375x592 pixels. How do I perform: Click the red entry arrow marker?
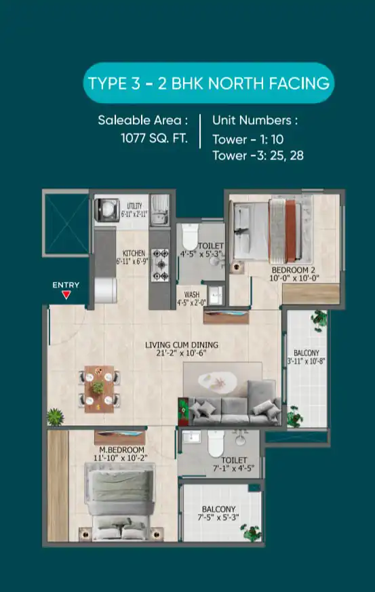pyautogui.click(x=66, y=295)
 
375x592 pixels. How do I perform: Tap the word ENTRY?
pyautogui.click(x=66, y=285)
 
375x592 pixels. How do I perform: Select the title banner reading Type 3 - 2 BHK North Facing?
pyautogui.click(x=208, y=83)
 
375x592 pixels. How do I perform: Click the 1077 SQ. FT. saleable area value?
pyautogui.click(x=154, y=138)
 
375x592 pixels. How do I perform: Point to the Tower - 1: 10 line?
pyautogui.click(x=248, y=139)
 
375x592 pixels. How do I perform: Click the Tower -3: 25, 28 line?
pyautogui.click(x=258, y=155)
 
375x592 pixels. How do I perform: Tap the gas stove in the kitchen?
pyautogui.click(x=160, y=265)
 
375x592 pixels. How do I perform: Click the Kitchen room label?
pyautogui.click(x=134, y=257)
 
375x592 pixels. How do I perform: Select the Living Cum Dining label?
pyautogui.click(x=182, y=349)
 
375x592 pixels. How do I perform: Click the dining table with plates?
pyautogui.click(x=99, y=389)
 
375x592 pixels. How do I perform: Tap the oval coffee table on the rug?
pyautogui.click(x=218, y=382)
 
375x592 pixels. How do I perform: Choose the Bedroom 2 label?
pyautogui.click(x=294, y=274)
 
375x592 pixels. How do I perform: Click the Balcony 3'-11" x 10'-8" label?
pyautogui.click(x=307, y=357)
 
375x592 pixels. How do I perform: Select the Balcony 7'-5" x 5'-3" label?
pyautogui.click(x=218, y=513)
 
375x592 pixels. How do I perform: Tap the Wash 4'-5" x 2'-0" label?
pyautogui.click(x=192, y=298)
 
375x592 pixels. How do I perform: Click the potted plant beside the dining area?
pyautogui.click(x=56, y=417)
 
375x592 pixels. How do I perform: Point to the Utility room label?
pyautogui.click(x=134, y=210)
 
